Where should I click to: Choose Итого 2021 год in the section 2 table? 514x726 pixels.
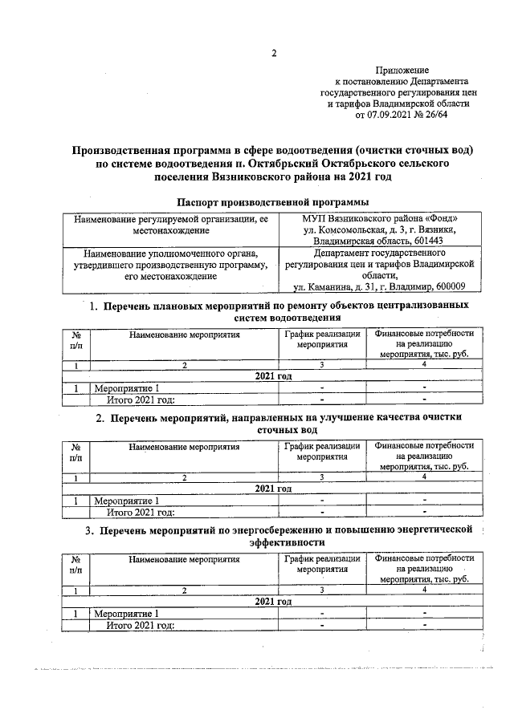[x=141, y=513]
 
